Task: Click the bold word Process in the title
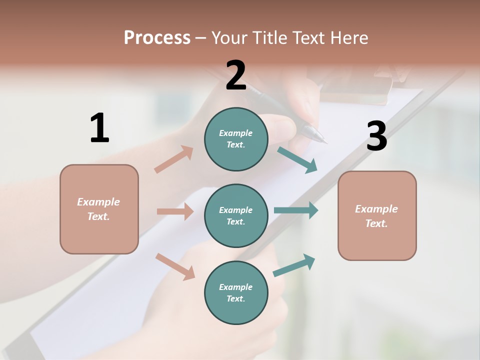(157, 38)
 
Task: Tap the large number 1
(99, 128)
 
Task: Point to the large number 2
(236, 75)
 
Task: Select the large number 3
(376, 136)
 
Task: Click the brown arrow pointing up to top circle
(174, 159)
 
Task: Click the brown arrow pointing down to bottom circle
(175, 266)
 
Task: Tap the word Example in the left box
(98, 202)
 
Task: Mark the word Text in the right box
(376, 223)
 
